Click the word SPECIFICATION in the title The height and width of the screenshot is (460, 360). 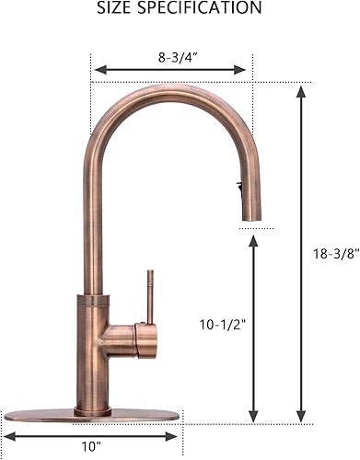(201, 8)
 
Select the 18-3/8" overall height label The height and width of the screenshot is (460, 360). (329, 249)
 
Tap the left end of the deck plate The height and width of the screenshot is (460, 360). (7, 413)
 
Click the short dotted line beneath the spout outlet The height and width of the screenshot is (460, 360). (255, 227)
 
